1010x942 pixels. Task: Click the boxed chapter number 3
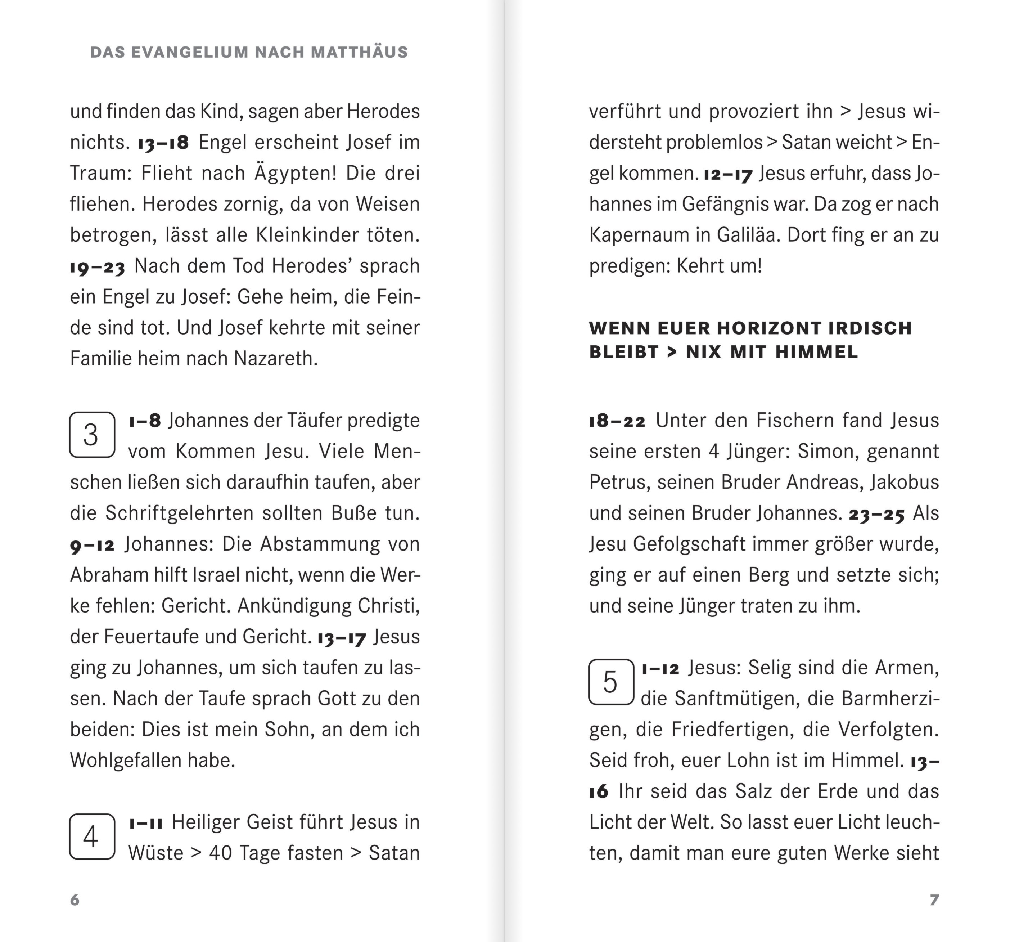pos(92,435)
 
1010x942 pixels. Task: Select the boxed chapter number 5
pos(611,682)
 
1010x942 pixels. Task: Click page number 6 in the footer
pos(75,900)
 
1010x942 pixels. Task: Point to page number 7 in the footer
pos(934,900)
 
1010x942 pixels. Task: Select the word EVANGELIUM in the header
pos(190,52)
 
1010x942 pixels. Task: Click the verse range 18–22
pos(617,421)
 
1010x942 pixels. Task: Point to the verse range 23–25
pos(877,514)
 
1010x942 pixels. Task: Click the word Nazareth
pos(275,359)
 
